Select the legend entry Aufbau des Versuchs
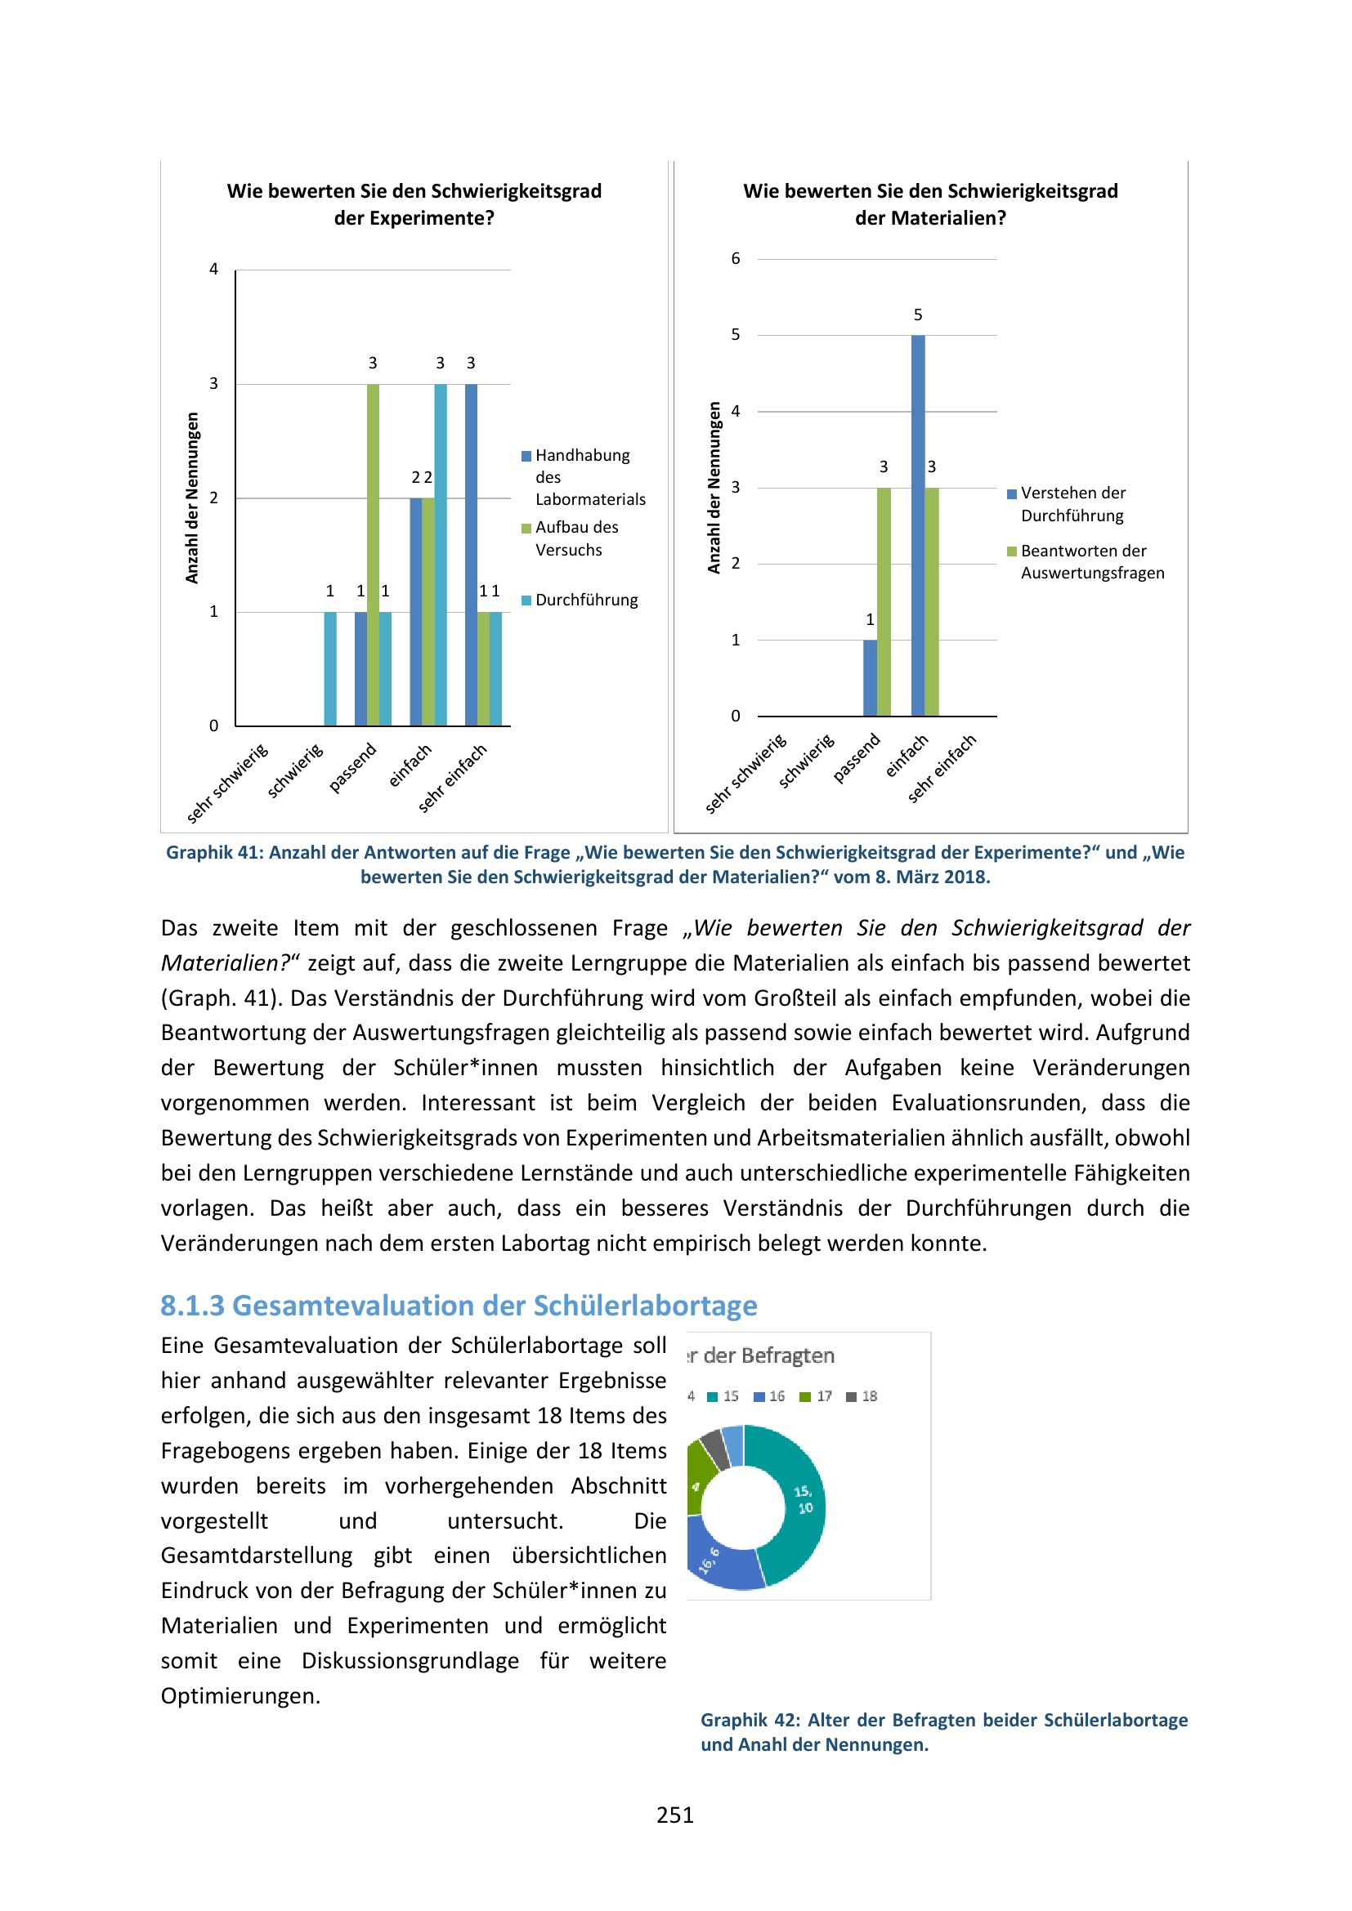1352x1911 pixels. pyautogui.click(x=576, y=538)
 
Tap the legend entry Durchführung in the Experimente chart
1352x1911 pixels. pyautogui.click(x=586, y=601)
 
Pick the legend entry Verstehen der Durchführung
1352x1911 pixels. pyautogui.click(x=1072, y=503)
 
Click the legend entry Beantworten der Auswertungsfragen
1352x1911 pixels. pyautogui.click(x=1091, y=562)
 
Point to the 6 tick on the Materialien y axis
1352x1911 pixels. pyautogui.click(x=735, y=259)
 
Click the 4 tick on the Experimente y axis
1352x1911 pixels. pyautogui.click(x=214, y=270)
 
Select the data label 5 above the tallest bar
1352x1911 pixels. pyautogui.click(x=917, y=315)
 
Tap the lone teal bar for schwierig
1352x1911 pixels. pyautogui.click(x=329, y=668)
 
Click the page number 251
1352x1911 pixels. pyautogui.click(x=674, y=1815)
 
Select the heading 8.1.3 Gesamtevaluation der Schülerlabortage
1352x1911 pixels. pyautogui.click(x=459, y=1305)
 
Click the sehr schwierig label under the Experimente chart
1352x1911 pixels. pyautogui.click(x=227, y=784)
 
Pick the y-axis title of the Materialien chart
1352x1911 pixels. pyautogui.click(x=714, y=488)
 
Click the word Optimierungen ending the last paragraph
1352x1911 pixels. pyautogui.click(x=240, y=1695)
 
